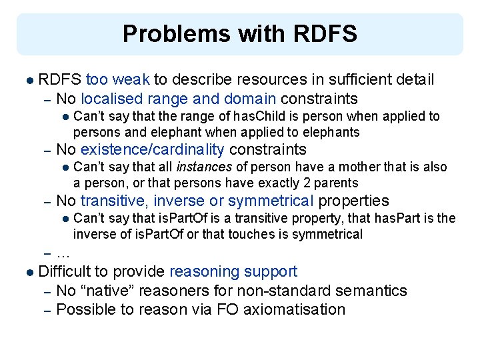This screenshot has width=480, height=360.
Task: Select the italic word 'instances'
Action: (x=203, y=167)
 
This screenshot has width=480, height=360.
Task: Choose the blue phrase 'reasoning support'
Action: (x=233, y=271)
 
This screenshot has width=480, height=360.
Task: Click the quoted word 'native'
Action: (x=104, y=291)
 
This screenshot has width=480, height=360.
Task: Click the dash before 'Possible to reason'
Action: (x=47, y=309)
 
